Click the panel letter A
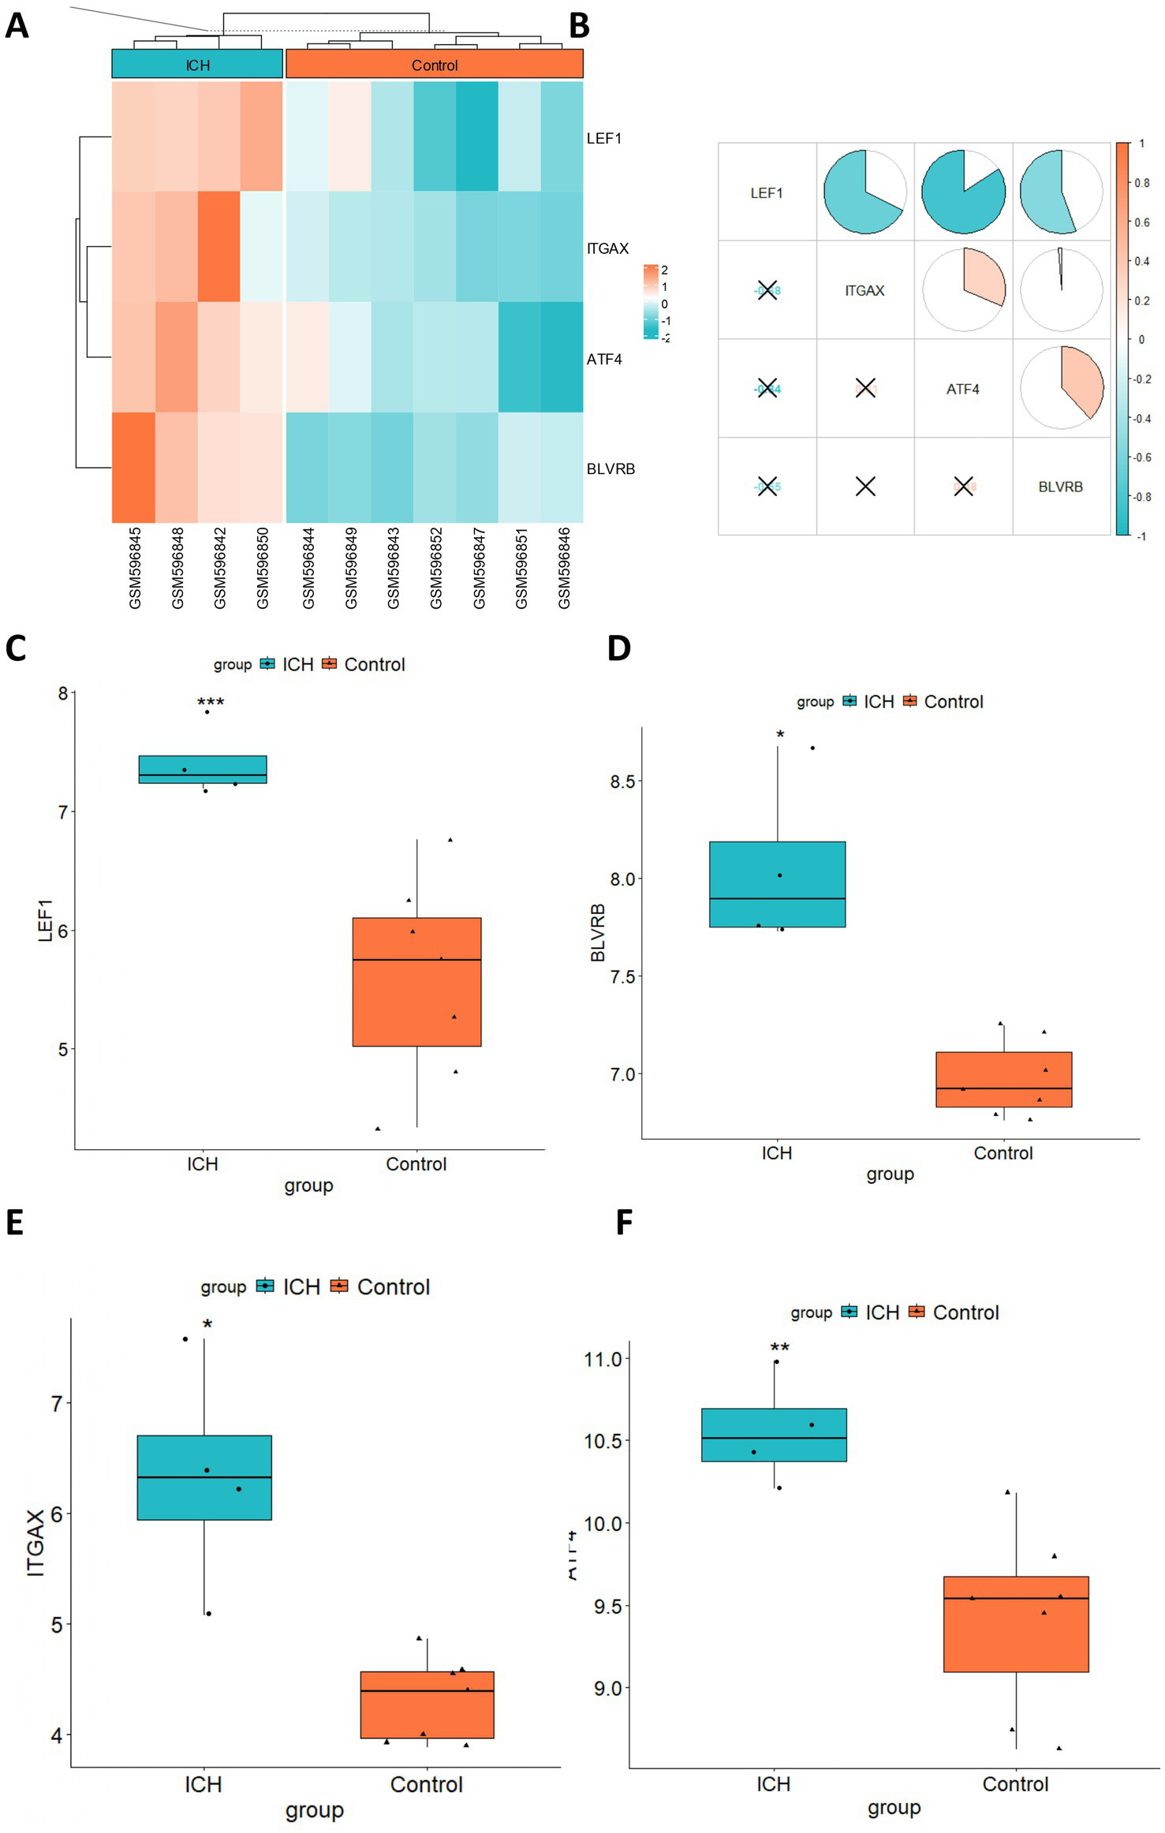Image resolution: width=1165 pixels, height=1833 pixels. tap(17, 26)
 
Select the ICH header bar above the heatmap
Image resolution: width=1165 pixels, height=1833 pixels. tap(197, 65)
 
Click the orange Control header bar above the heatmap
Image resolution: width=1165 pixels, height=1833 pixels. tap(435, 65)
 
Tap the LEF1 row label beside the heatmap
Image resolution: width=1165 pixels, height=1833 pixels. tap(604, 139)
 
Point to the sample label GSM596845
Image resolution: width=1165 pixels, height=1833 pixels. tap(135, 568)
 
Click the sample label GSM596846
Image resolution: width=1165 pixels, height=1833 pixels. tap(564, 568)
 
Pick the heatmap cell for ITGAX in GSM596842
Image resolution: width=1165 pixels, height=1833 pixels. tap(219, 247)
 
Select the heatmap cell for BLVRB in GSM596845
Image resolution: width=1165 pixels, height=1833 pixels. tap(133, 468)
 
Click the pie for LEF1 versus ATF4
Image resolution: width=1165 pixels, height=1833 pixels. tap(963, 192)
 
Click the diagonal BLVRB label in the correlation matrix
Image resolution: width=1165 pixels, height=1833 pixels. tap(1060, 487)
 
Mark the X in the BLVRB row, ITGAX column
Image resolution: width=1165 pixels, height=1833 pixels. tap(865, 487)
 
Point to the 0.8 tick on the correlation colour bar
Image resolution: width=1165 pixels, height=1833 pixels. tap(1141, 183)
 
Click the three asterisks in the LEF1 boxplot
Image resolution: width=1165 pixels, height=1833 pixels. tap(211, 702)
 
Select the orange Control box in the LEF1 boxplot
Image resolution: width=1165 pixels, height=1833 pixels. tap(416, 982)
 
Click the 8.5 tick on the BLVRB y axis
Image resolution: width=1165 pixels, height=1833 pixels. tap(623, 782)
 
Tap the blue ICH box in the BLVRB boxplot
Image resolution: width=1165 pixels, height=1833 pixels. tap(777, 884)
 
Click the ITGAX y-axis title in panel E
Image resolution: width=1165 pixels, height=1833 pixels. tap(36, 1543)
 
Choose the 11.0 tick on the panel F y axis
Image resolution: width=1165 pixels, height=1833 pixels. tap(603, 1359)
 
